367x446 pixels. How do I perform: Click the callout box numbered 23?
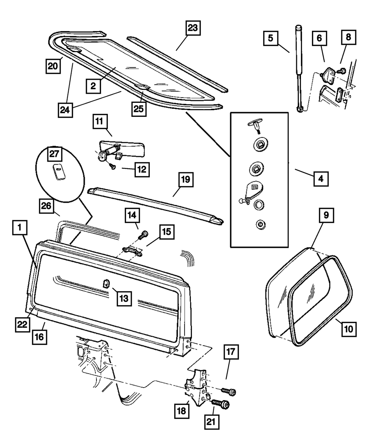coord(193,28)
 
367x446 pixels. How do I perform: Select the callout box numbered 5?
coord(270,39)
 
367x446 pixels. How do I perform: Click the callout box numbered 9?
coord(326,216)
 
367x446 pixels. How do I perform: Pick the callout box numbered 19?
coord(186,181)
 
